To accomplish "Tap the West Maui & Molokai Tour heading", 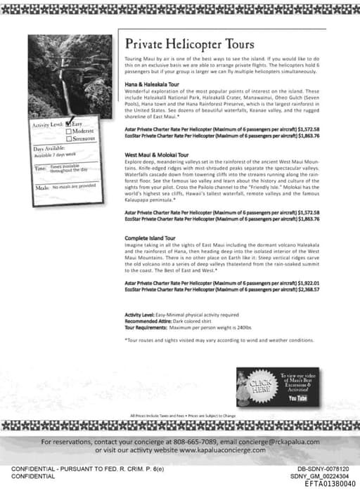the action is [x=157, y=154].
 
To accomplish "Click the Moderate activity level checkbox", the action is [x=68, y=131].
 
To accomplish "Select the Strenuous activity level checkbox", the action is [x=68, y=139].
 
